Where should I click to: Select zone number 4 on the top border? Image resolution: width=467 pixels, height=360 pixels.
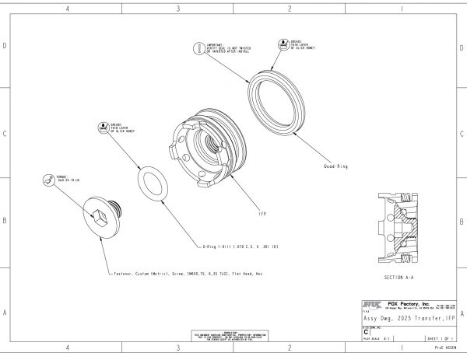67,9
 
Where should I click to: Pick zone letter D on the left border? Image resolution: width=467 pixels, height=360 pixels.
5,46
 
